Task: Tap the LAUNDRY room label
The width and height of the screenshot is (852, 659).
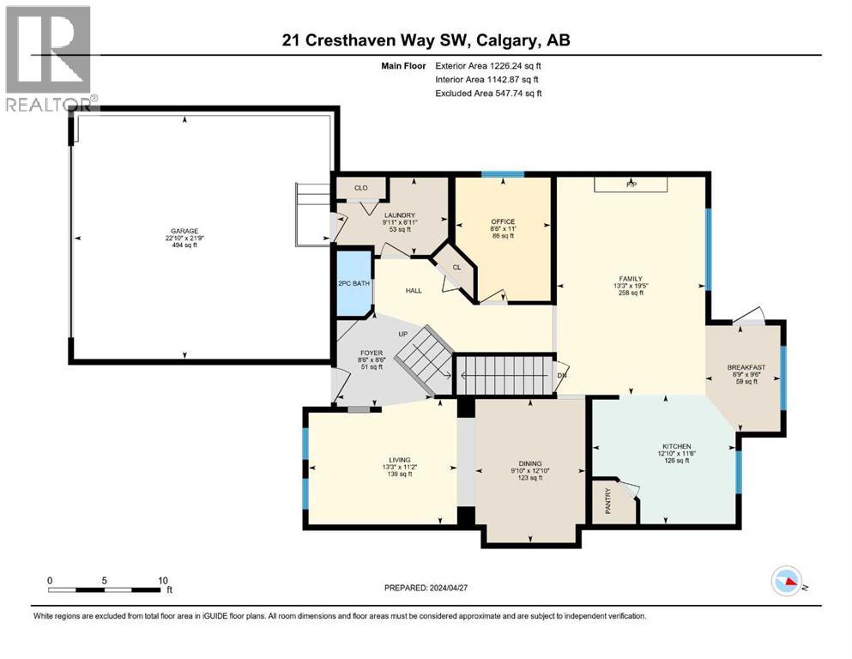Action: tap(400, 215)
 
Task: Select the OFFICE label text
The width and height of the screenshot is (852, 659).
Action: tap(503, 221)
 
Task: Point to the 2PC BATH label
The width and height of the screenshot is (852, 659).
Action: tap(353, 284)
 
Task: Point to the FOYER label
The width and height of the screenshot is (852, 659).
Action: tap(371, 352)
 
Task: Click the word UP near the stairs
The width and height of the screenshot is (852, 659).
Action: tap(402, 334)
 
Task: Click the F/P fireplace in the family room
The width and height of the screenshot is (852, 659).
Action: tap(631, 184)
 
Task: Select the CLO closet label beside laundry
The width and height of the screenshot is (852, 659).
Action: tap(360, 187)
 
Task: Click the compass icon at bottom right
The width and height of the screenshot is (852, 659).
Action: tap(786, 581)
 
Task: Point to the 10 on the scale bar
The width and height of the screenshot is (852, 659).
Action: tap(163, 580)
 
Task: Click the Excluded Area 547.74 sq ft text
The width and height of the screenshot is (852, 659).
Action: tap(488, 93)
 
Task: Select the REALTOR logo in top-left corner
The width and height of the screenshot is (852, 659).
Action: tap(49, 59)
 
